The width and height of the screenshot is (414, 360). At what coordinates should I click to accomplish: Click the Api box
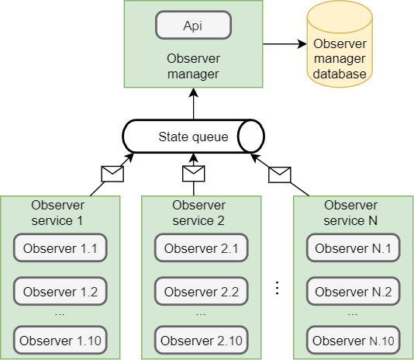pyautogui.click(x=194, y=25)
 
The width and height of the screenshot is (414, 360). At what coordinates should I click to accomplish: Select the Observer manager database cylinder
pyautogui.click(x=340, y=44)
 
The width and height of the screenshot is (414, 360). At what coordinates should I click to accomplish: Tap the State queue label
pyautogui.click(x=193, y=137)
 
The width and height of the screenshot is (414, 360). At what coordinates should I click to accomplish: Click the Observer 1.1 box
pyautogui.click(x=60, y=248)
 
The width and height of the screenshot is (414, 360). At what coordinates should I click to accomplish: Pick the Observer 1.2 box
pyautogui.click(x=60, y=291)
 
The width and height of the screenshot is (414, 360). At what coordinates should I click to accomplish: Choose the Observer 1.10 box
pyautogui.click(x=60, y=340)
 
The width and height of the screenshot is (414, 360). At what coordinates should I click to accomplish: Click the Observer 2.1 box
pyautogui.click(x=202, y=248)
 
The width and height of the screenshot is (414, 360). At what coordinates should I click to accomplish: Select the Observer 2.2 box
pyautogui.click(x=202, y=291)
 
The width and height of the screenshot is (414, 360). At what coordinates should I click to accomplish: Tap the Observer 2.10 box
pyautogui.click(x=202, y=340)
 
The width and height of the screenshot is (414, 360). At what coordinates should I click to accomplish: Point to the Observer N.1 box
pyautogui.click(x=354, y=248)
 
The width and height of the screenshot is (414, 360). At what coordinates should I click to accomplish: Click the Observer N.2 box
pyautogui.click(x=354, y=291)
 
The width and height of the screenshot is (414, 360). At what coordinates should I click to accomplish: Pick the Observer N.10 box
pyautogui.click(x=354, y=340)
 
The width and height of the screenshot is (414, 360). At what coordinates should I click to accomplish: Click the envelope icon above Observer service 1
pyautogui.click(x=112, y=175)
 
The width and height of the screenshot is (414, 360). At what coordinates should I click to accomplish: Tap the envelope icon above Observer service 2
pyautogui.click(x=194, y=174)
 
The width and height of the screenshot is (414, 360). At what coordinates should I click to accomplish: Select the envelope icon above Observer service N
pyautogui.click(x=280, y=175)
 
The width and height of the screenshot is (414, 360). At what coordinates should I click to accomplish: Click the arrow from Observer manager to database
pyautogui.click(x=285, y=44)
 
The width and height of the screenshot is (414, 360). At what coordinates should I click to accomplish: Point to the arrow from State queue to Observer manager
pyautogui.click(x=194, y=104)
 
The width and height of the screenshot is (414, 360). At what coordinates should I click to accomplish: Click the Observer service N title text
pyautogui.click(x=350, y=213)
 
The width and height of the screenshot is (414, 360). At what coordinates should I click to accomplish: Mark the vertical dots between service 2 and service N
pyautogui.click(x=277, y=288)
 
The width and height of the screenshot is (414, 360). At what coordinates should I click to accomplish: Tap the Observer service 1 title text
pyautogui.click(x=57, y=213)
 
